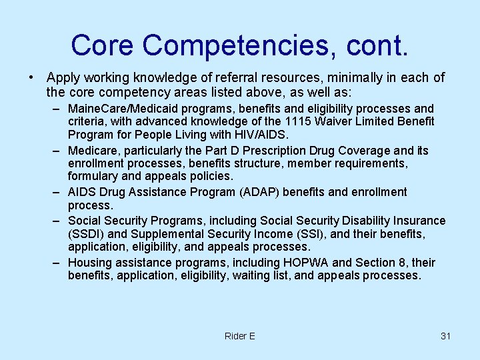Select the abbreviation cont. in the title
point(376,45)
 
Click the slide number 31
point(445,336)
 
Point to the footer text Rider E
point(240,336)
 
